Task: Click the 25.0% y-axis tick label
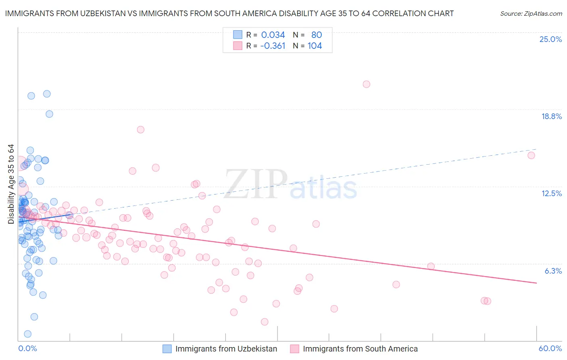coord(550,40)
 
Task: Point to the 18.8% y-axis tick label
coord(551,117)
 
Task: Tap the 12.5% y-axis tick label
coord(551,194)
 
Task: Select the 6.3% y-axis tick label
coord(553,271)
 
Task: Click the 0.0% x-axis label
coord(27,348)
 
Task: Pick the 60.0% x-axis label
coord(550,348)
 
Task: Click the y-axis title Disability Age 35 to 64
coord(11,184)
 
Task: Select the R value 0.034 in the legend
coord(273,35)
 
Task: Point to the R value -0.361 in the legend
coord(273,46)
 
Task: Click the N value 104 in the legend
coord(315,46)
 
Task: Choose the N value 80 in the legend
coord(317,35)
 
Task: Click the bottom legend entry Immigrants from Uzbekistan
coord(226,349)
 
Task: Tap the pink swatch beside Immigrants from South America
coord(294,349)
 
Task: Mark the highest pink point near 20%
coord(366,84)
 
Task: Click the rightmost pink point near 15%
coord(531,155)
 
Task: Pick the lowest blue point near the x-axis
coord(27,334)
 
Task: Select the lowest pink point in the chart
coord(265,322)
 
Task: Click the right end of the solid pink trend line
coord(536,283)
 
